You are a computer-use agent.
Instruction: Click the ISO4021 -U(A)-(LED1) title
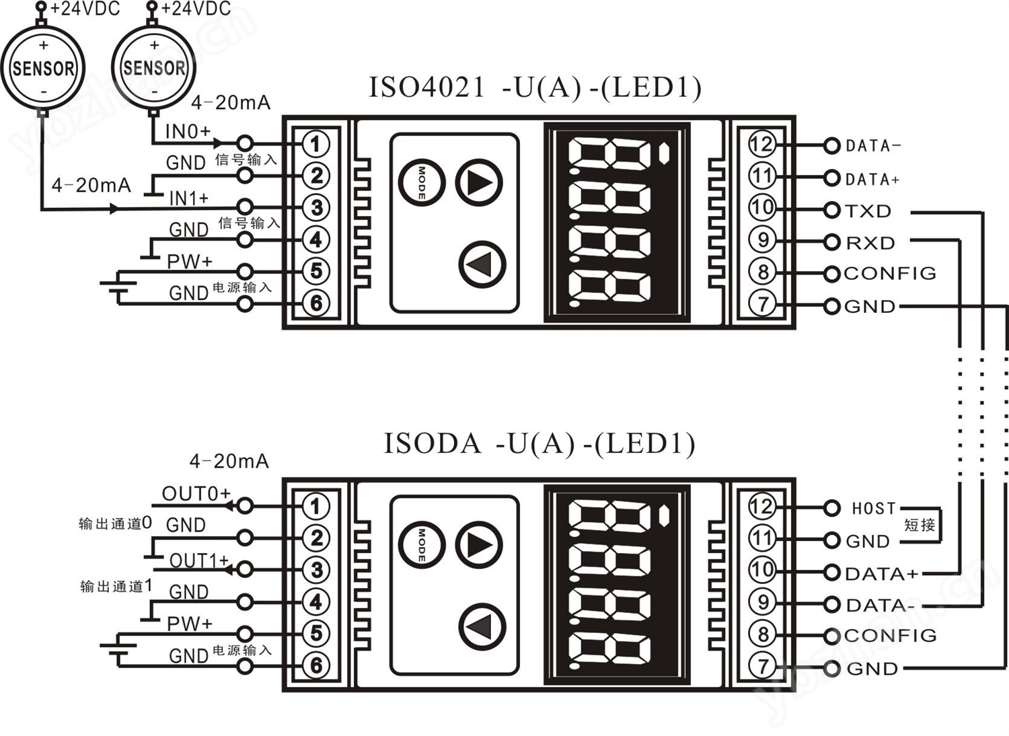click(535, 88)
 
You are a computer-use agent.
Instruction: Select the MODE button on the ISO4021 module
click(421, 182)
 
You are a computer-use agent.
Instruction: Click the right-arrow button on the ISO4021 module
click(479, 182)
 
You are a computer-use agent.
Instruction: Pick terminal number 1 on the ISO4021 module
click(315, 144)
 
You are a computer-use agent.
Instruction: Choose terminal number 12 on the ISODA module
click(762, 507)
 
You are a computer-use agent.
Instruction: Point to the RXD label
click(870, 243)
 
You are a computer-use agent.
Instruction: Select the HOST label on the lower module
click(874, 509)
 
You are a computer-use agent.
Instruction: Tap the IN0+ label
click(188, 131)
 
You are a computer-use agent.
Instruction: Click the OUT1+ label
click(199, 560)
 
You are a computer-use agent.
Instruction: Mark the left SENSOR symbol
click(44, 68)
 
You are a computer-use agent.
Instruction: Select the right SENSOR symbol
click(154, 68)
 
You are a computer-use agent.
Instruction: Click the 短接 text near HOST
click(920, 525)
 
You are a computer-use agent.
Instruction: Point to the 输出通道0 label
click(115, 523)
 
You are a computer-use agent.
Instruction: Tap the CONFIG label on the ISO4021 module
click(890, 273)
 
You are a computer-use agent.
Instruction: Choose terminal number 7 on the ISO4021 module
click(762, 304)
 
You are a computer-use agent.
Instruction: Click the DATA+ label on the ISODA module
click(881, 574)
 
